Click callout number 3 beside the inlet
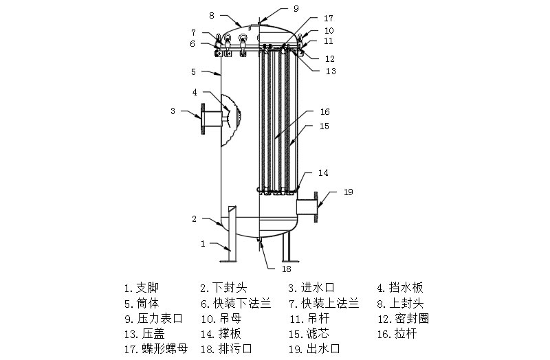173,110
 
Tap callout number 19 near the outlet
348,192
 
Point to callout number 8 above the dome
212,14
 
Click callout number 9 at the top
296,9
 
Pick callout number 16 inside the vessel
325,111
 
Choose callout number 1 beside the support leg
203,243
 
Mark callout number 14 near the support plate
323,172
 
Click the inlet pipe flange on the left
204,118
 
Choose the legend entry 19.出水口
314,349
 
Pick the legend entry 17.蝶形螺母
155,349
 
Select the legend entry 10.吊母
225,319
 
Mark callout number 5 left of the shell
194,71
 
